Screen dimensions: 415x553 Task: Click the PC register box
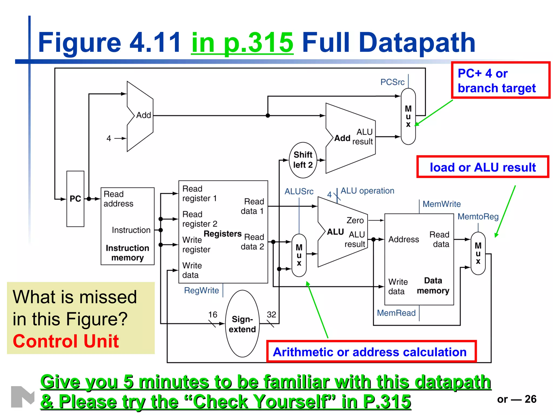pos(75,199)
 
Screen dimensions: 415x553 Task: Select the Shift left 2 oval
pos(303,160)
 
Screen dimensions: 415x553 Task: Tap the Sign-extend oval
pos(242,324)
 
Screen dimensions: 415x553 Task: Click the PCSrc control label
pos(392,82)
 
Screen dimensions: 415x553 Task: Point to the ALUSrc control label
pos(299,191)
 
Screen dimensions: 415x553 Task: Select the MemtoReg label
pos(478,216)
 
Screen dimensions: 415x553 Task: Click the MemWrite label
pos(441,204)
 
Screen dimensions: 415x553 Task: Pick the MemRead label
pos(396,313)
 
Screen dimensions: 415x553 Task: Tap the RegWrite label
pos(201,290)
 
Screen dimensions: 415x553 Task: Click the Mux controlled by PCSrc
pos(408,116)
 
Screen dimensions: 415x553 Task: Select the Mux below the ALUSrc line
pos(299,255)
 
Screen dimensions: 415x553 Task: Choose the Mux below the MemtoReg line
pos(478,253)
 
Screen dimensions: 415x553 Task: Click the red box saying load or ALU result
pos(483,167)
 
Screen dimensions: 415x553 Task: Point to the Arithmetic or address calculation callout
pos(371,352)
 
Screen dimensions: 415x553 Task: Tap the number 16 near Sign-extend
pos(213,314)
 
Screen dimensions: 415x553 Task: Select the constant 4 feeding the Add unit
pos(109,138)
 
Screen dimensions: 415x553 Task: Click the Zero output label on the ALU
pos(355,220)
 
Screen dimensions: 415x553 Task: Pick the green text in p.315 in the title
pos(242,42)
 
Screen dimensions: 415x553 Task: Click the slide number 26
pos(530,399)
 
